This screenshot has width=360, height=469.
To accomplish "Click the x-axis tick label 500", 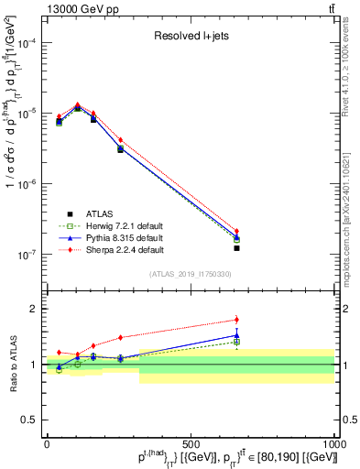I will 191,443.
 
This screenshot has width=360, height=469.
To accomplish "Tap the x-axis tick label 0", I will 47,443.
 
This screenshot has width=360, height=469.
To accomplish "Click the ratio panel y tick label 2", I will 35,309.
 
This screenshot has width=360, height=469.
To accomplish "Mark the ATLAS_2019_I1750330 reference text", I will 190,273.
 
